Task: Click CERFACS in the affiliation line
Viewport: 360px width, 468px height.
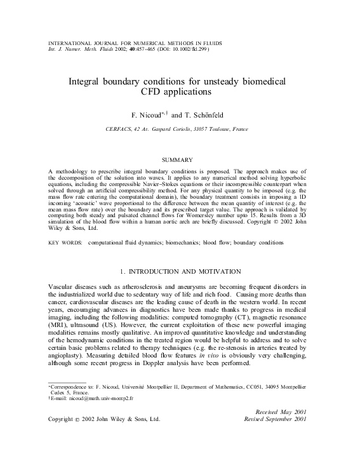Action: coord(122,129)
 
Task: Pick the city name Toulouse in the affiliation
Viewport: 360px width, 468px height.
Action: coord(222,129)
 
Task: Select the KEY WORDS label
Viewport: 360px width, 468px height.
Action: coord(65,225)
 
